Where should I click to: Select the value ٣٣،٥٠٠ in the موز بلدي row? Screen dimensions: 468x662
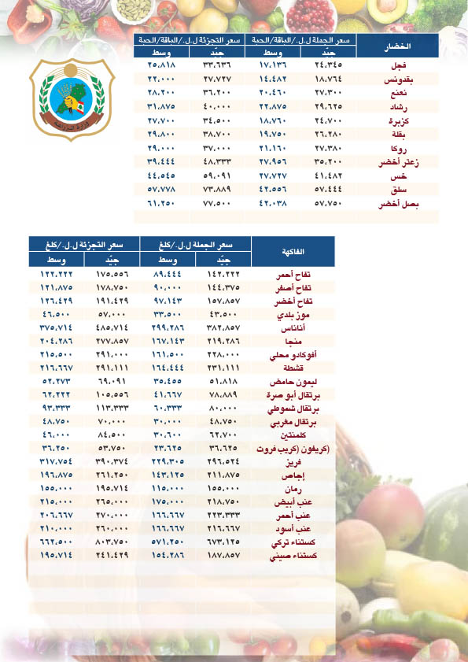pos(168,313)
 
